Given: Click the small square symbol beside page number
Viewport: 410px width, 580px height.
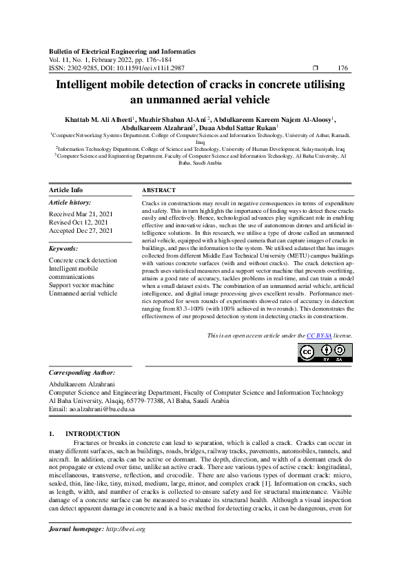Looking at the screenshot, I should [x=315, y=68].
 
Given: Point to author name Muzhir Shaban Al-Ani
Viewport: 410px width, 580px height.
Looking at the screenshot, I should [x=176, y=118].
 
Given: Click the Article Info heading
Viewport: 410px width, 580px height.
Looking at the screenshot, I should [x=66, y=189].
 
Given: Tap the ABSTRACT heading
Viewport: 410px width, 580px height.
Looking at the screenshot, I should [x=158, y=189].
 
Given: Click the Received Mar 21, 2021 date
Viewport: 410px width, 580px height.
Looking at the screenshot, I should [x=81, y=214].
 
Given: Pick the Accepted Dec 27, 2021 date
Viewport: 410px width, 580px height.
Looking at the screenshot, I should [x=81, y=231].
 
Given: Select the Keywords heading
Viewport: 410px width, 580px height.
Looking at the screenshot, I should [x=63, y=247].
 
